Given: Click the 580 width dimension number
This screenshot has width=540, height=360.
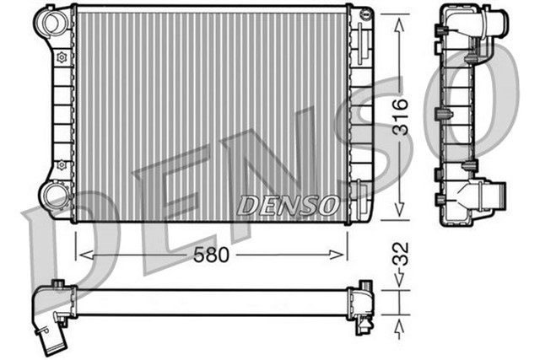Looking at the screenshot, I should pos(212,252).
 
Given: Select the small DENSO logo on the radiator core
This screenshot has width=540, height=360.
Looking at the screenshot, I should pos(289,205).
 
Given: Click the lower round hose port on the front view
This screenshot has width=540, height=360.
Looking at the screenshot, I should pos(56,197).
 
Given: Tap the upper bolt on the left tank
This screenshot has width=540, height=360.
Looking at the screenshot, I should pos(61,58).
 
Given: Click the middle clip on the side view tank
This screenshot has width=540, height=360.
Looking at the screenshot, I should pos(444,114).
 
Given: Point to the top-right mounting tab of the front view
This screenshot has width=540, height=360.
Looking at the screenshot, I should pos(364,14).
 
